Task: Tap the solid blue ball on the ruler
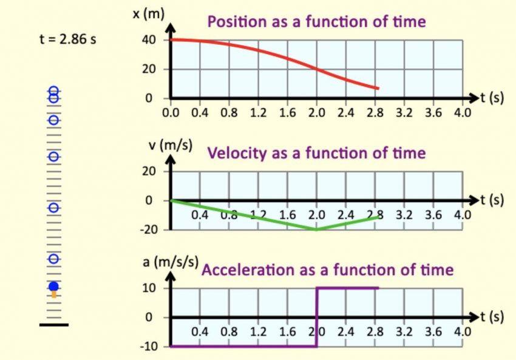[54, 286]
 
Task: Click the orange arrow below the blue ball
[54, 294]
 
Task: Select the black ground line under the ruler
[54, 325]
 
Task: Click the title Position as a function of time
[316, 22]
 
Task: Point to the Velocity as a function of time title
[316, 153]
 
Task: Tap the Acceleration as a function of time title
[327, 270]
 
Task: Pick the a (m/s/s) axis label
[171, 262]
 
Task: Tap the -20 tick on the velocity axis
[149, 229]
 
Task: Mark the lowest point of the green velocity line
[316, 229]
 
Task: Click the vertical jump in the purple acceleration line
[316, 317]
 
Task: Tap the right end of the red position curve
[378, 89]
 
